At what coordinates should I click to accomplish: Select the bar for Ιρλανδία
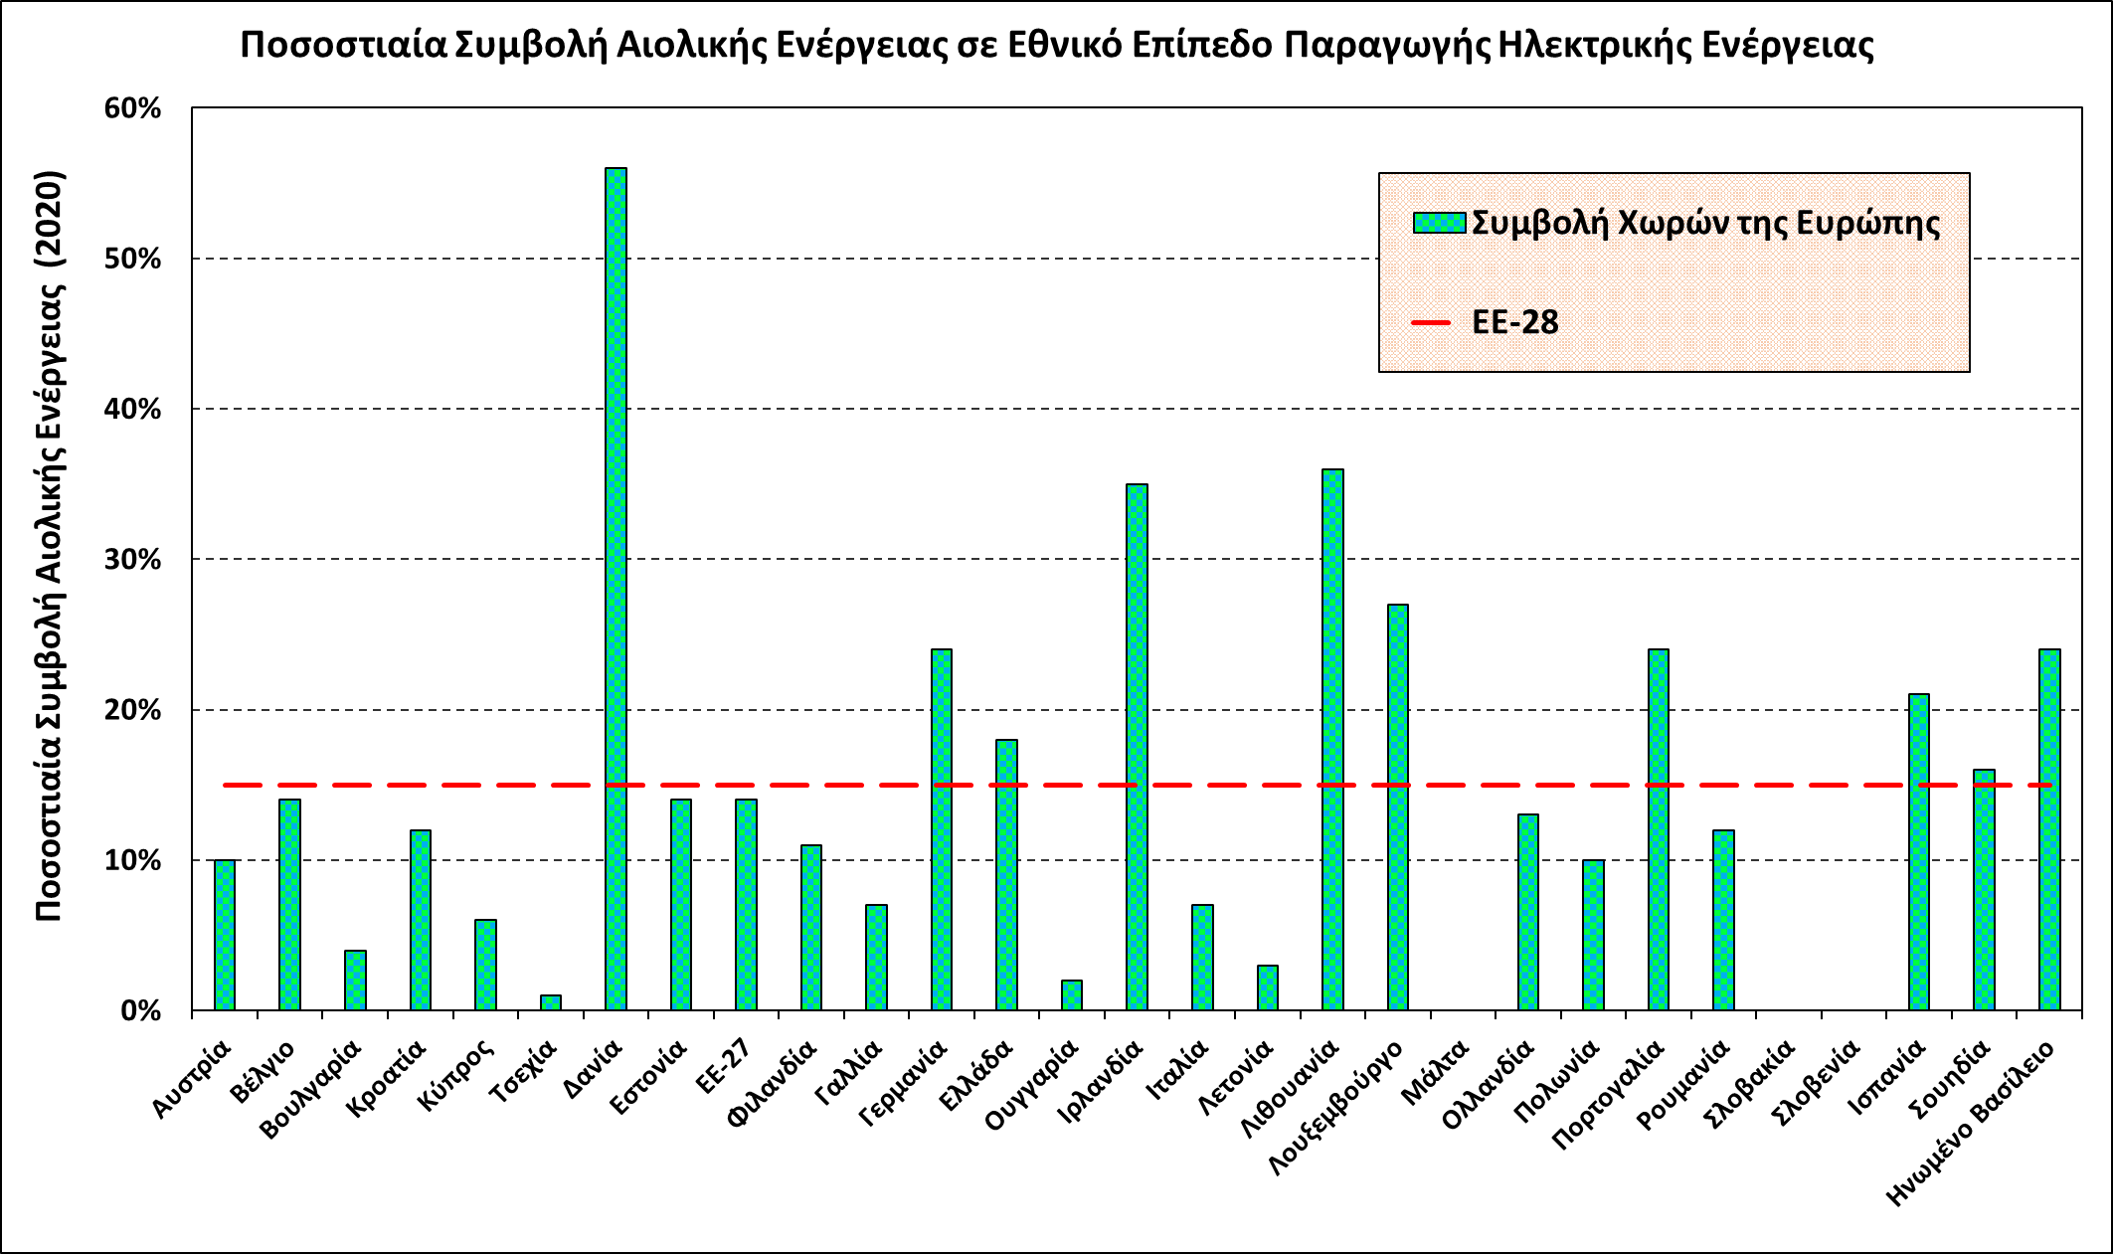coord(1137,747)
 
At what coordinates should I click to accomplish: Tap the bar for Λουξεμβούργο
coord(1397,806)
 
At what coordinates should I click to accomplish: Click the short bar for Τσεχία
coord(551,1002)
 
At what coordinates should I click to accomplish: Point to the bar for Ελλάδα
coord(1006,874)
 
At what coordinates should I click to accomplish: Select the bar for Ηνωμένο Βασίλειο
coord(2049,829)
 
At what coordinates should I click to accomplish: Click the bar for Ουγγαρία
coord(1071,994)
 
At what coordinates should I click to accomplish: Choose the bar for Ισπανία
coord(1919,851)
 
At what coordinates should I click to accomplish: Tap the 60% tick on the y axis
coord(133,108)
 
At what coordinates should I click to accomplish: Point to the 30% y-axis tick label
coord(133,560)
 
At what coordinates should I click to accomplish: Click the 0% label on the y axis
coord(141,1011)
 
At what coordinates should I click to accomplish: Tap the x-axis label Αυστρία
coord(193,1078)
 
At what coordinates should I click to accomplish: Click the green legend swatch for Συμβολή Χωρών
coord(1439,222)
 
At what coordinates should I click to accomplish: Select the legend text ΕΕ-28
coord(1515,322)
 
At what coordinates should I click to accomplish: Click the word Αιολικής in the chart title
coord(692,46)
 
